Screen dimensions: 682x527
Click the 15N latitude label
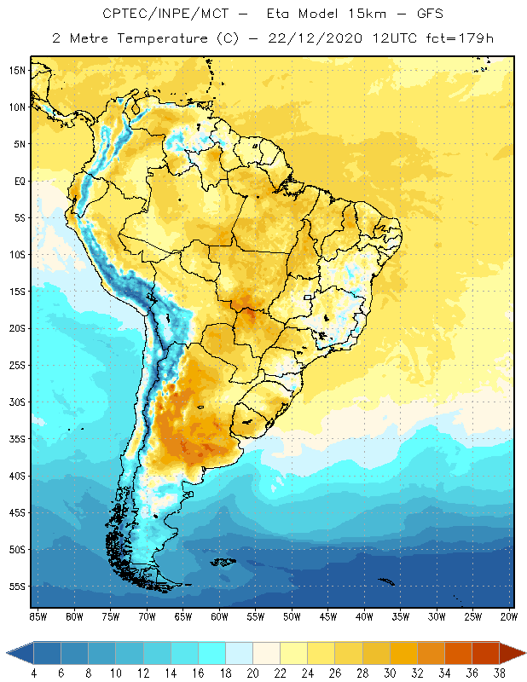(17, 70)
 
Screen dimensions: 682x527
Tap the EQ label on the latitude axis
(18, 181)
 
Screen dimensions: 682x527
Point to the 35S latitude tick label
(17, 439)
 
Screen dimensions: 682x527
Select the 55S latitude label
(17, 587)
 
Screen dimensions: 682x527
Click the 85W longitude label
(38, 616)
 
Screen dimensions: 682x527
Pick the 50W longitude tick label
(292, 616)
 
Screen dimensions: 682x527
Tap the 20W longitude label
(509, 616)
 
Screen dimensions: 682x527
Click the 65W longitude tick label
(183, 616)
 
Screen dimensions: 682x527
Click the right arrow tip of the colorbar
(524, 653)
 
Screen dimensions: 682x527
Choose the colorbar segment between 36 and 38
(486, 653)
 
